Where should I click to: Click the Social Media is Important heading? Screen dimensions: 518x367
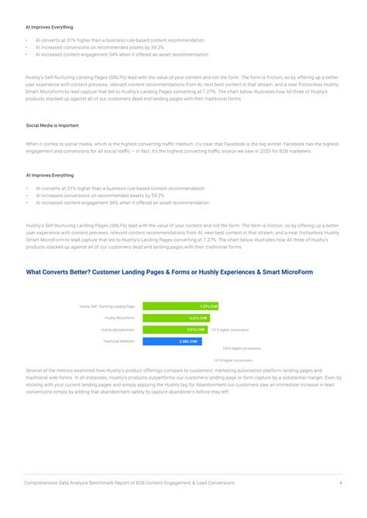(52, 125)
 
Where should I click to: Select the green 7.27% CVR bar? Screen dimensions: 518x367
(180, 306)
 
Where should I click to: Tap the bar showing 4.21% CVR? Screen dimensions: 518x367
(176, 318)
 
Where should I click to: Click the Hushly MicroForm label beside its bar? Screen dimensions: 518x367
(119, 318)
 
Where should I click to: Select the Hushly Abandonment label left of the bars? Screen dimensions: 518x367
(118, 329)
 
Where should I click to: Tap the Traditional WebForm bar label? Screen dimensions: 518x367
(118, 341)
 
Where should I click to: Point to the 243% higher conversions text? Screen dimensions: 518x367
(241, 349)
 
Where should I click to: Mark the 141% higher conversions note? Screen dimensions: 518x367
(233, 360)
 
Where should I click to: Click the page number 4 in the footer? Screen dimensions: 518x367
(341, 483)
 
